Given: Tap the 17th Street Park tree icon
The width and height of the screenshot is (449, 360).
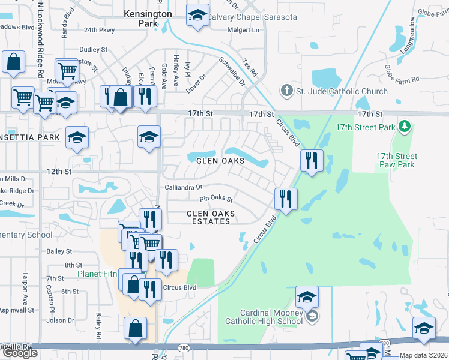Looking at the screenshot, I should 405,127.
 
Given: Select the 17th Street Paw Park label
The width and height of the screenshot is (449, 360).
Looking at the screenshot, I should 396,160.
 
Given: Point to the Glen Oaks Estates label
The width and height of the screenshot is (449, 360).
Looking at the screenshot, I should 208,217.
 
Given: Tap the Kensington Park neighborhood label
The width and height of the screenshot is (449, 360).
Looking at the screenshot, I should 147,18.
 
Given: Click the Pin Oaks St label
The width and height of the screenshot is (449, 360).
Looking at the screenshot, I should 216,199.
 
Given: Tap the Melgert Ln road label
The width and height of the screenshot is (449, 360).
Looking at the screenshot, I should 243,30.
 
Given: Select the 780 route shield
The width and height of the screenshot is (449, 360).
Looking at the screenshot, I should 183,347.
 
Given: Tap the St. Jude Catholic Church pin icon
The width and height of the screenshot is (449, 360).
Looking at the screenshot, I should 286,91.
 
